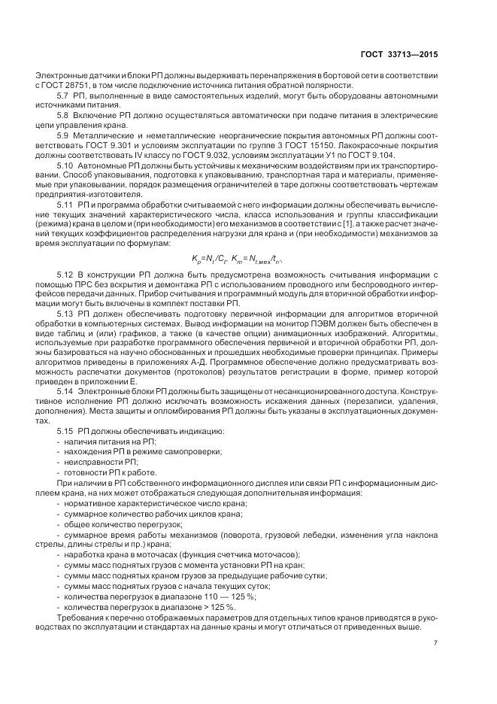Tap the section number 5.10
[65, 164]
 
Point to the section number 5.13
[65, 313]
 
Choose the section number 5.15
[65, 430]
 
